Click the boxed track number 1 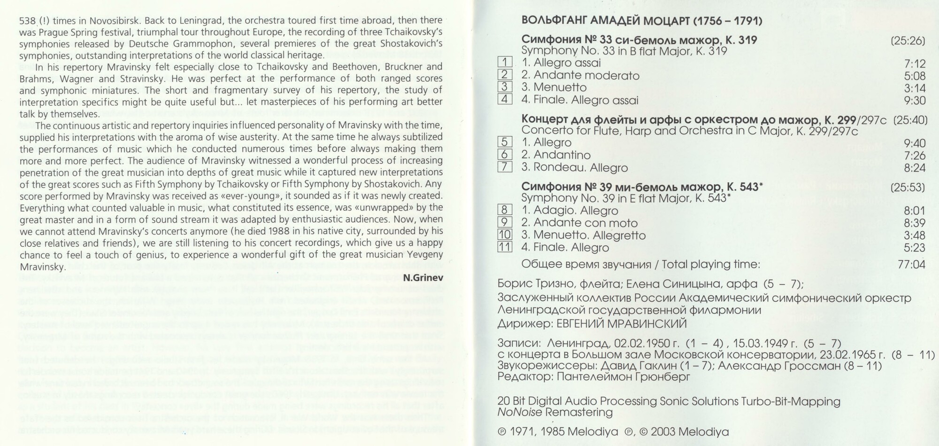(x=505, y=62)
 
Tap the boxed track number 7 (x=505, y=167)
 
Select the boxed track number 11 (x=505, y=247)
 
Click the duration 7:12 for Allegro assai (x=914, y=64)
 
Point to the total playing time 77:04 (x=911, y=265)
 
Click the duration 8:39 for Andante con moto (x=914, y=223)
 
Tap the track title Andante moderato (x=586, y=75)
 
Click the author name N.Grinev (x=423, y=278)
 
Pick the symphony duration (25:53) (x=908, y=188)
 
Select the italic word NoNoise (x=520, y=413)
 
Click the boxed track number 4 (x=505, y=99)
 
